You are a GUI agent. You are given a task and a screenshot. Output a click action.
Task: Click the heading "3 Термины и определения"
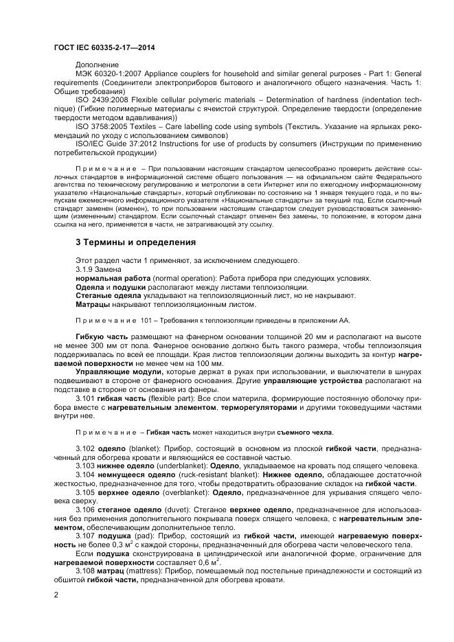click(x=135, y=242)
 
